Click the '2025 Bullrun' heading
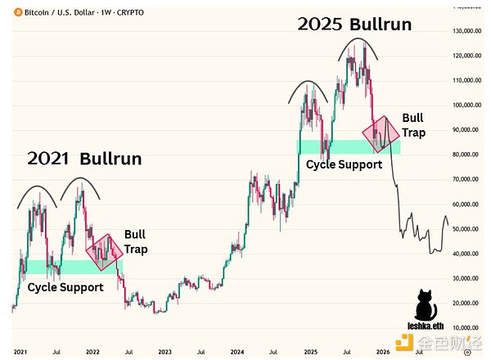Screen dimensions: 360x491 pos(354,24)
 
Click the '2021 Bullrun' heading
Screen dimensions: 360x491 pos(84,159)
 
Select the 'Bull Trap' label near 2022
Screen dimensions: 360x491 pos(136,241)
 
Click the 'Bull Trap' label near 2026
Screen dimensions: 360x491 pos(413,124)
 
